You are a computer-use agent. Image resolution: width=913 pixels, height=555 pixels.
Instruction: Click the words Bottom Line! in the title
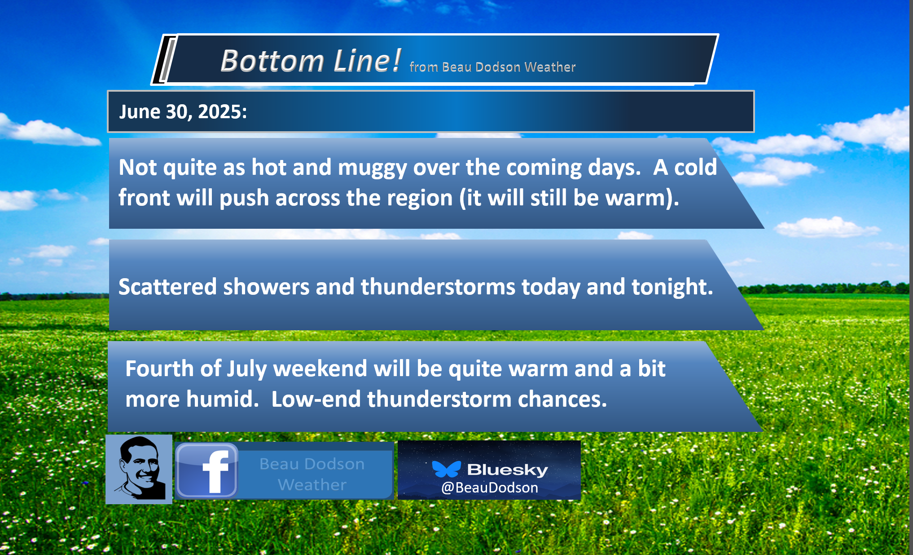click(x=311, y=61)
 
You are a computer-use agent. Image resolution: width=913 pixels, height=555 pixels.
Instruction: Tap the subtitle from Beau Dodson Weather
click(x=492, y=67)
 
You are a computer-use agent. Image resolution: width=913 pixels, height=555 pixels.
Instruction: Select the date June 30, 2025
click(x=183, y=111)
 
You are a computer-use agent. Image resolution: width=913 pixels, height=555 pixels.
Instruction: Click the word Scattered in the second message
click(x=167, y=287)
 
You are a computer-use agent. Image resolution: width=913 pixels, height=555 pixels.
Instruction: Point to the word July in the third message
click(x=247, y=369)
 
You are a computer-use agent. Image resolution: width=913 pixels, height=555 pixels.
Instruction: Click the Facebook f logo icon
click(x=206, y=471)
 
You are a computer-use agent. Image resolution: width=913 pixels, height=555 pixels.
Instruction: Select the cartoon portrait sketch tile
click(x=139, y=469)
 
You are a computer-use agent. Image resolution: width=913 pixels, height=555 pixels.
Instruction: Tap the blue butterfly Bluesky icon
click(x=446, y=469)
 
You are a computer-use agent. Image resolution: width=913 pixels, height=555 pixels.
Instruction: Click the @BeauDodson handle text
click(x=490, y=488)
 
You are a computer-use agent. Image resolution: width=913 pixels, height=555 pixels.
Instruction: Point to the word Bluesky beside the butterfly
click(x=508, y=470)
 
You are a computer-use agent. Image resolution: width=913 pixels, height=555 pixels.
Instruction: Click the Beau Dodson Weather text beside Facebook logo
click(x=312, y=474)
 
